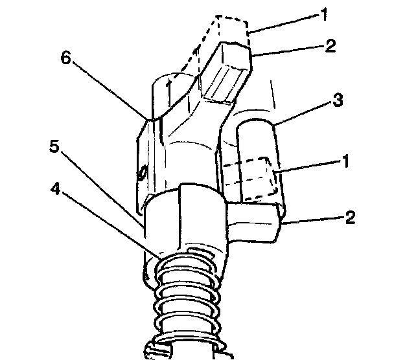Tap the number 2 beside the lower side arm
coord(349,217)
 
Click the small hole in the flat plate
coord(141,173)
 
